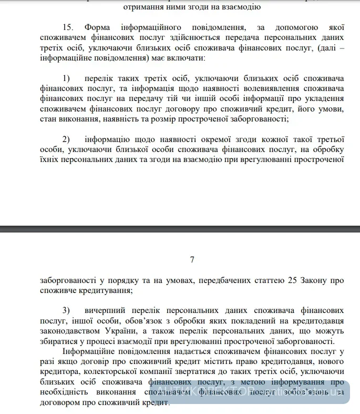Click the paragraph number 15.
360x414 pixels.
pyautogui.click(x=67, y=27)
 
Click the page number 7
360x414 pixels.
pyautogui.click(x=192, y=259)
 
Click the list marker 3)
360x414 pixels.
pyautogui.click(x=66, y=310)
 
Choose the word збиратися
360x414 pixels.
pyautogui.click(x=60, y=341)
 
